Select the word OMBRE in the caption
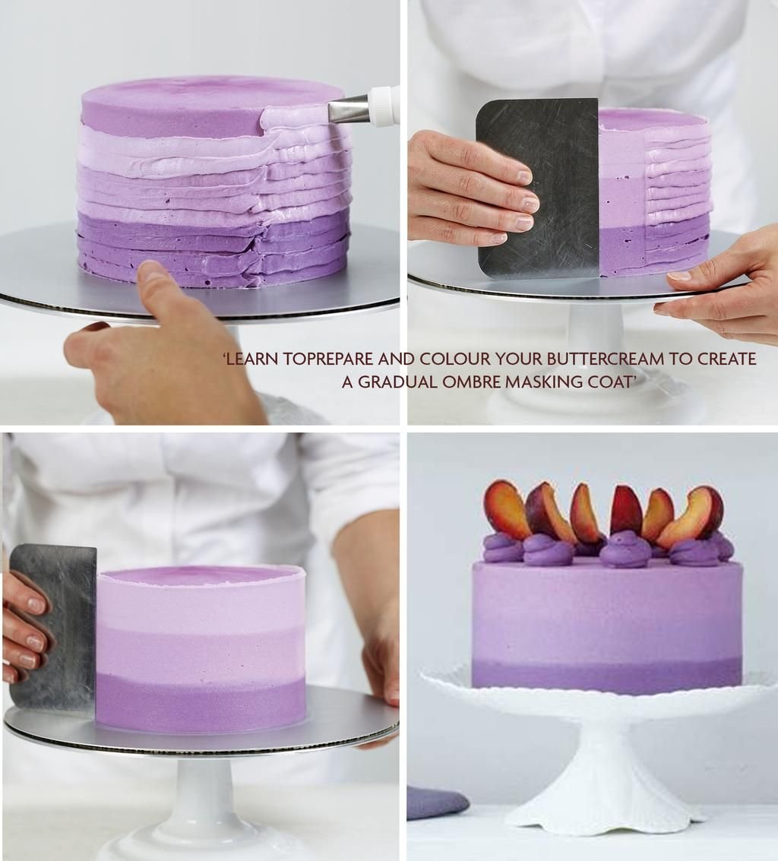pos(471,381)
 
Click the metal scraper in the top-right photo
pos(537,188)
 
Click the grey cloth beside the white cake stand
pos(438,802)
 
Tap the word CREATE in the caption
pos(727,359)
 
